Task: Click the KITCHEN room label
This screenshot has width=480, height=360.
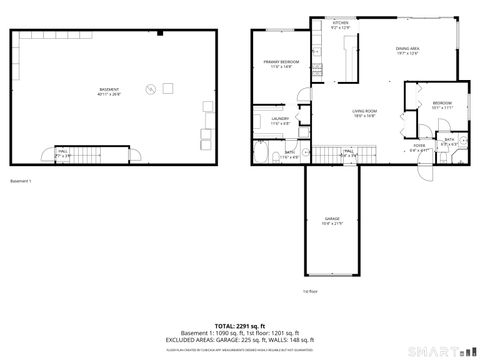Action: click(x=340, y=25)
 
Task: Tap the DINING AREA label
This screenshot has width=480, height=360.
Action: click(x=407, y=50)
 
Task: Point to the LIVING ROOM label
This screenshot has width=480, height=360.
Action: click(x=363, y=113)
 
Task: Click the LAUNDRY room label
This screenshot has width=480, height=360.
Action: click(x=280, y=121)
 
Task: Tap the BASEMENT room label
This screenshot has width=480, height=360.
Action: click(x=109, y=92)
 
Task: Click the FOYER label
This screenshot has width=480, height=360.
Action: click(x=420, y=147)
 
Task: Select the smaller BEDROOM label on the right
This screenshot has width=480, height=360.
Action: click(x=442, y=105)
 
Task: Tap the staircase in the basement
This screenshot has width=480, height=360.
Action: click(x=112, y=153)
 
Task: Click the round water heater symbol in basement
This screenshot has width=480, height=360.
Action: click(x=151, y=89)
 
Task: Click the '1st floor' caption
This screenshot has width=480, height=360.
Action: click(x=310, y=292)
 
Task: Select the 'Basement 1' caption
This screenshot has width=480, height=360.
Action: click(x=21, y=181)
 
